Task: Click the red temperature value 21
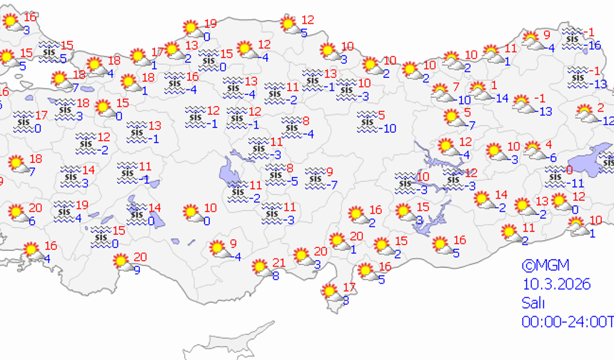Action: (x=279, y=262)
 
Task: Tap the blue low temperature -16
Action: (x=593, y=45)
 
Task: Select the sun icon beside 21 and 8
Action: (x=261, y=267)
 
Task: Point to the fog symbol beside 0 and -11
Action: (x=554, y=175)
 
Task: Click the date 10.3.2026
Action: (x=556, y=284)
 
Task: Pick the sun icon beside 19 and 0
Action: (x=191, y=29)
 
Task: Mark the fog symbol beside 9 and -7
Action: (x=314, y=177)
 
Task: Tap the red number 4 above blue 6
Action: (x=548, y=145)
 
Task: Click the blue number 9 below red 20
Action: (x=137, y=269)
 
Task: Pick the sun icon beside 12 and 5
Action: (x=288, y=25)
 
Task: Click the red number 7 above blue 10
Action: (x=456, y=87)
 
